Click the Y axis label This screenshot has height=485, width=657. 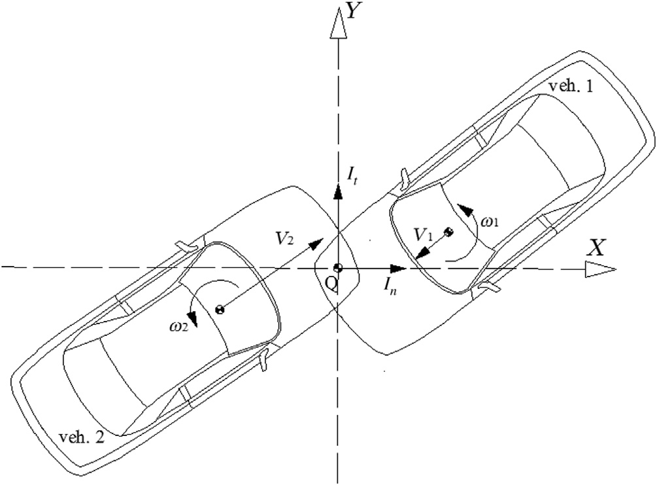pyautogui.click(x=354, y=12)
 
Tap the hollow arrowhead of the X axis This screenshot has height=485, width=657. pyautogui.click(x=600, y=269)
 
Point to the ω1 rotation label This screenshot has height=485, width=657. pyautogui.click(x=490, y=222)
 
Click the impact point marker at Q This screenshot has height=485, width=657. pyautogui.click(x=338, y=268)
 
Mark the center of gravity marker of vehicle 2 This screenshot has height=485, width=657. pyautogui.click(x=220, y=310)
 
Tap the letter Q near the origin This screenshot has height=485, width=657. pyautogui.click(x=331, y=285)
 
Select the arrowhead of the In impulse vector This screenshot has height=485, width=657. pyautogui.click(x=397, y=268)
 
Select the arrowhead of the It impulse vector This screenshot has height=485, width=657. pyautogui.click(x=338, y=192)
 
